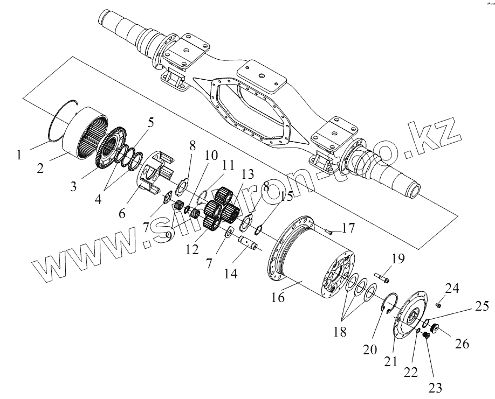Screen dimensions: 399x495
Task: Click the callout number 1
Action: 19,155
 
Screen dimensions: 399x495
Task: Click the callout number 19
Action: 397,259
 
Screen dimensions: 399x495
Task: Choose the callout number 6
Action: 123,213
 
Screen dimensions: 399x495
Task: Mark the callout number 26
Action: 463,342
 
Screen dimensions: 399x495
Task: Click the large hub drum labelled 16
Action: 313,253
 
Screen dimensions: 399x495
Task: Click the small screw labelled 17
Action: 329,231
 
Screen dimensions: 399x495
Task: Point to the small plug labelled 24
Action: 438,305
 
